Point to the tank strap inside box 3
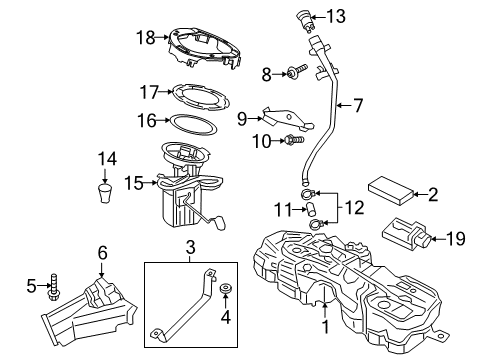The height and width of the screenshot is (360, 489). click(x=186, y=302)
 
